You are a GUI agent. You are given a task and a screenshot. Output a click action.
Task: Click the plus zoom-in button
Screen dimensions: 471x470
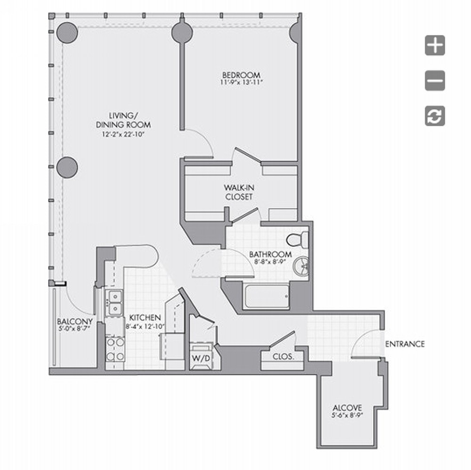(x=435, y=45)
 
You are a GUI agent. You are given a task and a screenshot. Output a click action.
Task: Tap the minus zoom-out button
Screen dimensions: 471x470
(x=435, y=81)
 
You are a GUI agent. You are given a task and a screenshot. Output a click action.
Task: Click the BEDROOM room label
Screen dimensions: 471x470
(x=241, y=75)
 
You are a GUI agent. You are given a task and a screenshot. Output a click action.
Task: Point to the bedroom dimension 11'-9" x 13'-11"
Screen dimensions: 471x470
(x=241, y=82)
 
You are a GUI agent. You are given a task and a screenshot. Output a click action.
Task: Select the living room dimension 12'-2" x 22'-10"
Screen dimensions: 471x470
(x=123, y=134)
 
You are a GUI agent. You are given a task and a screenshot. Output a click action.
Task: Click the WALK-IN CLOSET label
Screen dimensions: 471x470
(x=239, y=192)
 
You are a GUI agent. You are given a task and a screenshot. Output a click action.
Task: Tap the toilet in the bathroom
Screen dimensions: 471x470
(x=297, y=239)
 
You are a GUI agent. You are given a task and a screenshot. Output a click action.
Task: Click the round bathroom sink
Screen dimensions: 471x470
(x=301, y=266)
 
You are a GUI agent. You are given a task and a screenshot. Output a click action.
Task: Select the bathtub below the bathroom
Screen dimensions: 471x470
(x=267, y=296)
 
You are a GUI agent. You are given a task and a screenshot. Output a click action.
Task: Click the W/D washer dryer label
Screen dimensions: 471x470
(x=201, y=358)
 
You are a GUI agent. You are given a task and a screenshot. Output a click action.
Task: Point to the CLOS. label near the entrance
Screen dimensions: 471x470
(x=283, y=357)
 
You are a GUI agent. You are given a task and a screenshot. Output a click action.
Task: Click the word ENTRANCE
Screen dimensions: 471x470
(x=405, y=344)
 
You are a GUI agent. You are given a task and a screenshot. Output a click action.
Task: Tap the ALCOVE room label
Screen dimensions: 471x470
(x=347, y=408)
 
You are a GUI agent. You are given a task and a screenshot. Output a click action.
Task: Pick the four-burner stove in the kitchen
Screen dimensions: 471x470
(x=115, y=349)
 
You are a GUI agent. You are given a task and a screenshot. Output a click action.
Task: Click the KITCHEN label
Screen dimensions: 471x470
(x=145, y=318)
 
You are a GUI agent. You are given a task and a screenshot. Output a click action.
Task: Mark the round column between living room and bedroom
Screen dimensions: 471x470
(x=182, y=32)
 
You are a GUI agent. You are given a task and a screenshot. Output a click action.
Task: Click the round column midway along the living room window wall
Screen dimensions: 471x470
(x=67, y=167)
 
